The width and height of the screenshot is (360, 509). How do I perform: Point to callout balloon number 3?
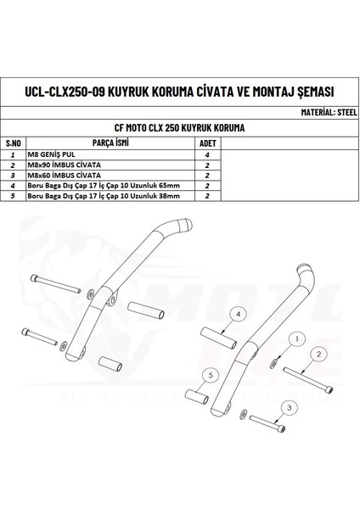(291, 408)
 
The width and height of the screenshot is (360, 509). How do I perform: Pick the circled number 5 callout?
(207, 373)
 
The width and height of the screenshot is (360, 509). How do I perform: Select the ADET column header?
(209, 143)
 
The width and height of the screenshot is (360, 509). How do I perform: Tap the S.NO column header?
(13, 143)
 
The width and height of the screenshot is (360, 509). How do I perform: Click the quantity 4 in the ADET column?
(207, 156)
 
